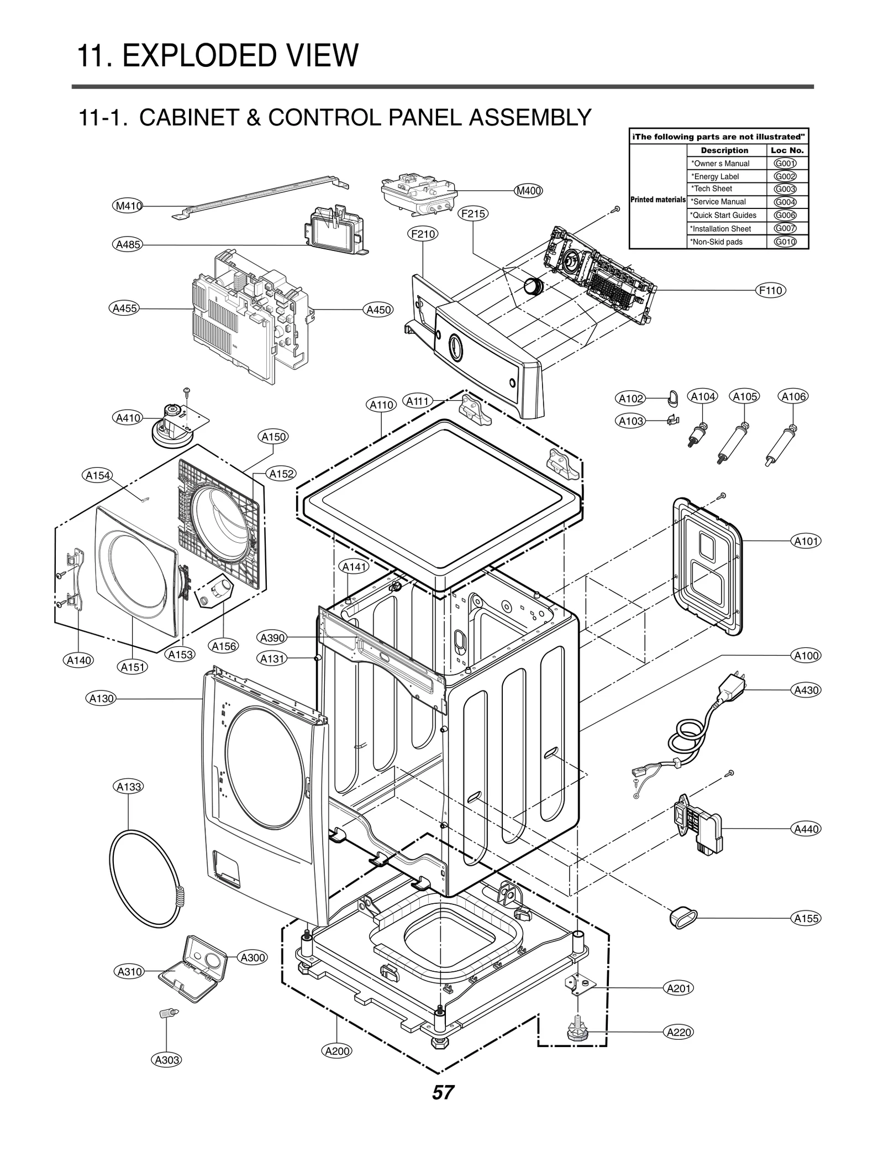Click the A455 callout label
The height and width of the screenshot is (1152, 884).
point(124,308)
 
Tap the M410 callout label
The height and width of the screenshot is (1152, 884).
point(128,206)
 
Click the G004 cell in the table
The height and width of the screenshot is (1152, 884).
point(785,202)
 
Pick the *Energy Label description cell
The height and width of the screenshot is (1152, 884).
point(725,176)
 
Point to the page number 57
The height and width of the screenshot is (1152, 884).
point(443,1092)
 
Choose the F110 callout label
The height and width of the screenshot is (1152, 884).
point(771,291)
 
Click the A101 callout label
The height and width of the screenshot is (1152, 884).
point(806,541)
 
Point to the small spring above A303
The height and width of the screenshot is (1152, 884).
point(167,1013)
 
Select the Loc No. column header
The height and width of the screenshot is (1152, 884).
point(787,150)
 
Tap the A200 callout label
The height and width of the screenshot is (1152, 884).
point(337,1051)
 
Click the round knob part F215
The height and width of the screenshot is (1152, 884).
point(533,287)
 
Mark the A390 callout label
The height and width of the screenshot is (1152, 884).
point(272,638)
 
